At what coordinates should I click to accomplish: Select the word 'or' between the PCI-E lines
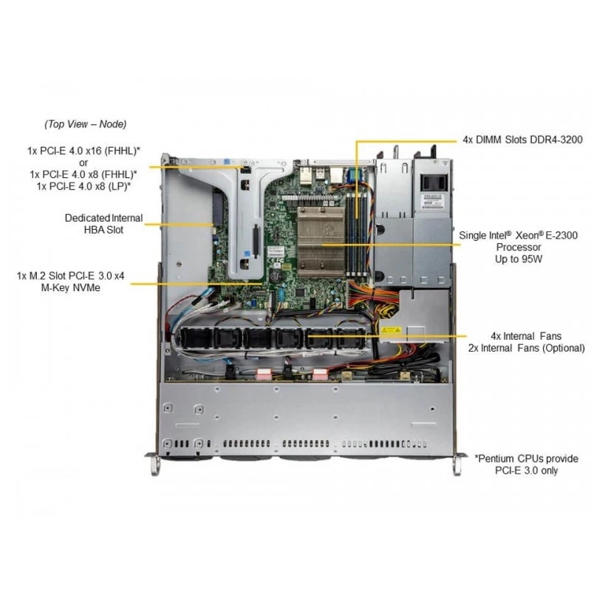[x=83, y=163]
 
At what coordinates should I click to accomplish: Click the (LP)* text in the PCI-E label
[x=119, y=186]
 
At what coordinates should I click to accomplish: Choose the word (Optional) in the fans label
[x=564, y=348]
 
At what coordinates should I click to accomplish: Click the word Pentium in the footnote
[x=496, y=459]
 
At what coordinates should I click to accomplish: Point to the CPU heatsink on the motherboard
[x=321, y=236]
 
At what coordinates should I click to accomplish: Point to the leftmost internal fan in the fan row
[x=195, y=338]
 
